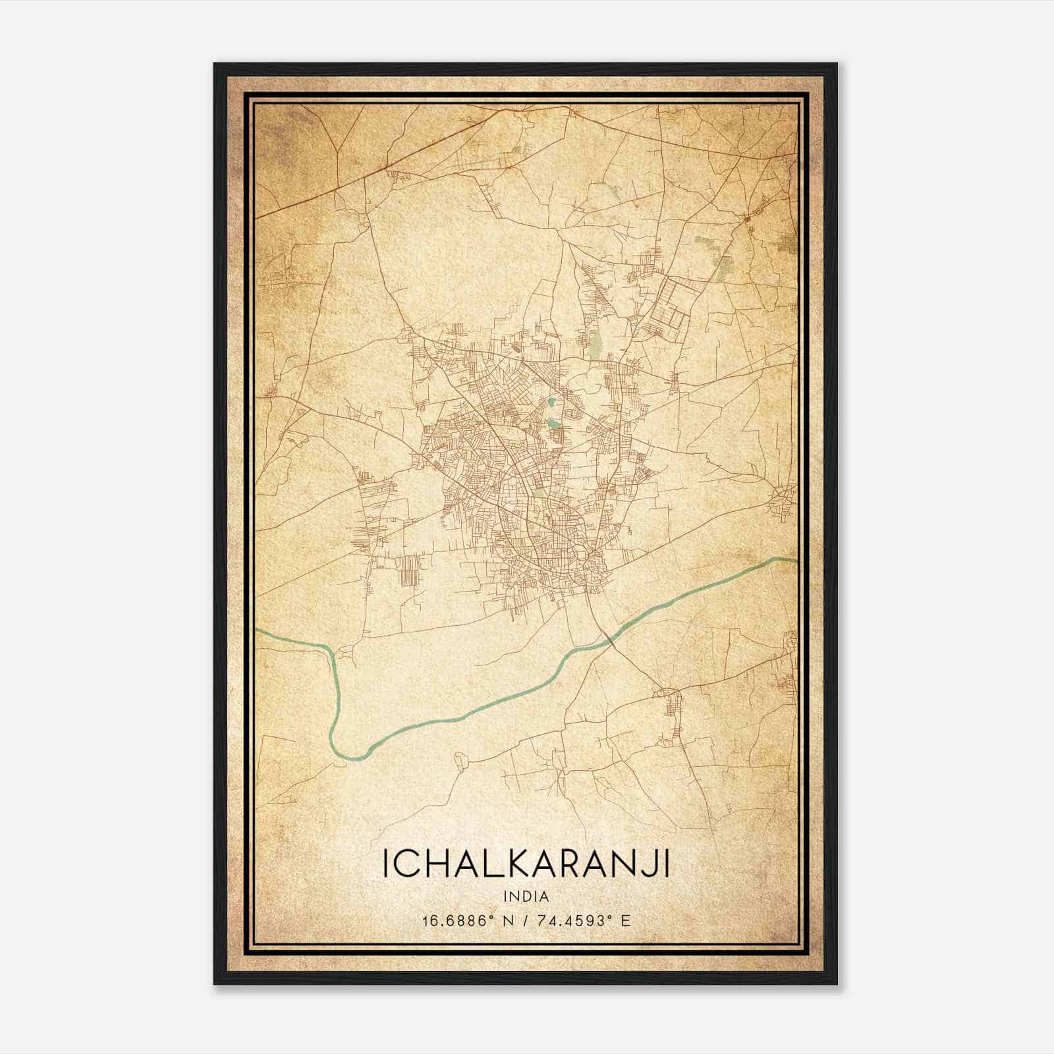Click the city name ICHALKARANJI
526,864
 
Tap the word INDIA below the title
526,897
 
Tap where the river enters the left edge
259,632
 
